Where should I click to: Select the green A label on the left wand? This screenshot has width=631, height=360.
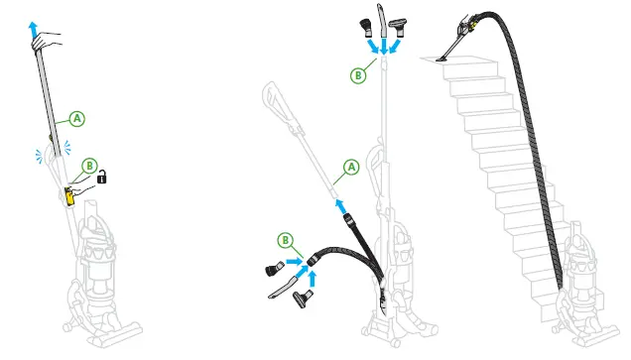[x=77, y=119]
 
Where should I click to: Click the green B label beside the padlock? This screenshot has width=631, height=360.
[x=89, y=166]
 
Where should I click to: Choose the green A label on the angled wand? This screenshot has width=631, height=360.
[x=349, y=168]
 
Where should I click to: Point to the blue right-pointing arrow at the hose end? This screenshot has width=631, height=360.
[x=294, y=263]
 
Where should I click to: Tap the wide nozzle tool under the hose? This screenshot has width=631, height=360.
[x=310, y=298]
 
